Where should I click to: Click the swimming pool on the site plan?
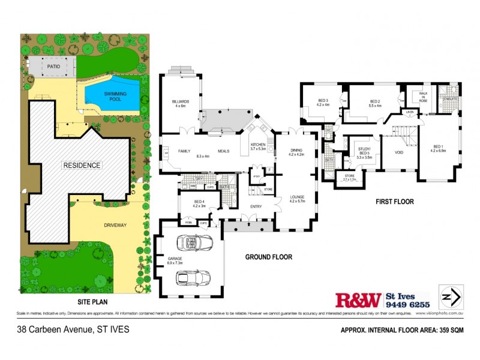pos(112,97)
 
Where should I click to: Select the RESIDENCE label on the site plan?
pos(82,164)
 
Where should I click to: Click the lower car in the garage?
pos(193,278)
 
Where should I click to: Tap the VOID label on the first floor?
pos(398,152)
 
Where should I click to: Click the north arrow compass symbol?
pos(449,296)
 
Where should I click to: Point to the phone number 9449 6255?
pos(407,304)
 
